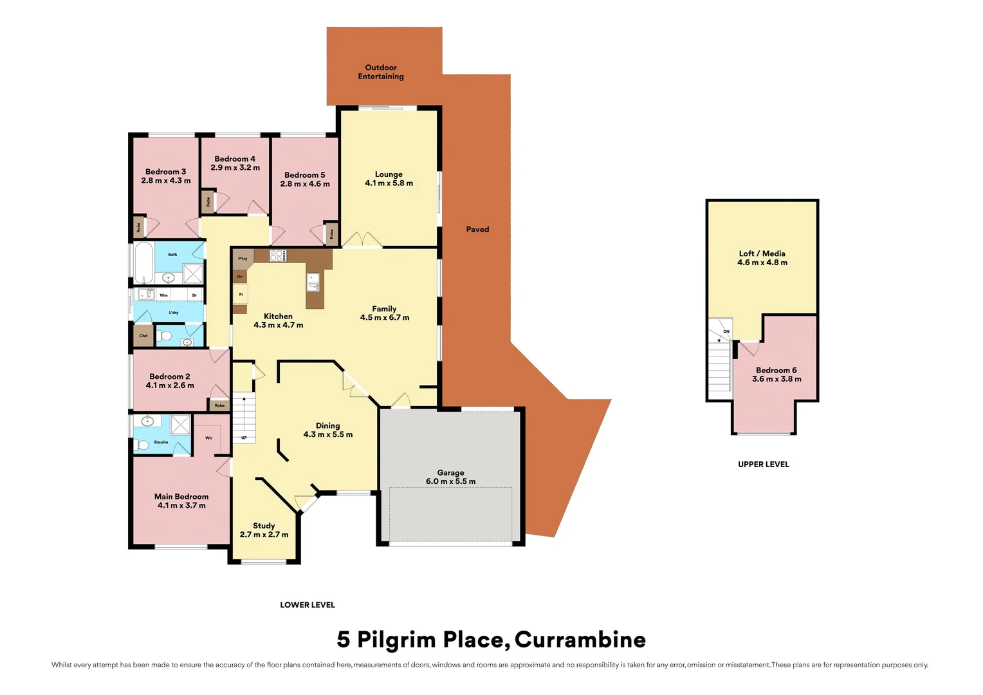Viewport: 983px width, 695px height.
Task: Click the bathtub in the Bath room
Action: click(x=143, y=263)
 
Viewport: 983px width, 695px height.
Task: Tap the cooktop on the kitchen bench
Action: click(x=278, y=255)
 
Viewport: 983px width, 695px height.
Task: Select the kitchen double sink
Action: click(x=313, y=282)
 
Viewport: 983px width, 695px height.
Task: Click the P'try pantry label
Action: click(x=243, y=259)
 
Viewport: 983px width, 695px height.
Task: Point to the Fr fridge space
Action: click(x=241, y=294)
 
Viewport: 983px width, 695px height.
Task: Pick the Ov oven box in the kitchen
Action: click(x=239, y=277)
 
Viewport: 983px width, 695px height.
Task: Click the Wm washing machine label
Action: click(x=163, y=295)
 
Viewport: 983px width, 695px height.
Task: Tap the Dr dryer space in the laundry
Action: click(x=194, y=295)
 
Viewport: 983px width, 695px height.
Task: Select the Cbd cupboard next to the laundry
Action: click(x=143, y=335)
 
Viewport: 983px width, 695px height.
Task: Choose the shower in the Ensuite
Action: click(x=180, y=424)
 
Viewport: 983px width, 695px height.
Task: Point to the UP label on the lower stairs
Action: click(x=244, y=438)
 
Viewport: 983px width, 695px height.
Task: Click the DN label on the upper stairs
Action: click(x=726, y=331)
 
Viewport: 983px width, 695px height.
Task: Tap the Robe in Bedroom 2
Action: click(x=219, y=405)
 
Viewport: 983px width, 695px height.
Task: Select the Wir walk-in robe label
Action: click(x=208, y=438)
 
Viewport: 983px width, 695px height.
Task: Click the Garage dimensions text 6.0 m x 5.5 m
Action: click(x=450, y=481)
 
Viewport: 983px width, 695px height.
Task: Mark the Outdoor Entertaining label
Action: click(x=381, y=72)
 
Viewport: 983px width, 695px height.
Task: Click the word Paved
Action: click(x=477, y=229)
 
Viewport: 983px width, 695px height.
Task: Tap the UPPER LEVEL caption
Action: click(x=763, y=464)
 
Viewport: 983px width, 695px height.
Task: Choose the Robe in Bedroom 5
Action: click(x=331, y=234)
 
